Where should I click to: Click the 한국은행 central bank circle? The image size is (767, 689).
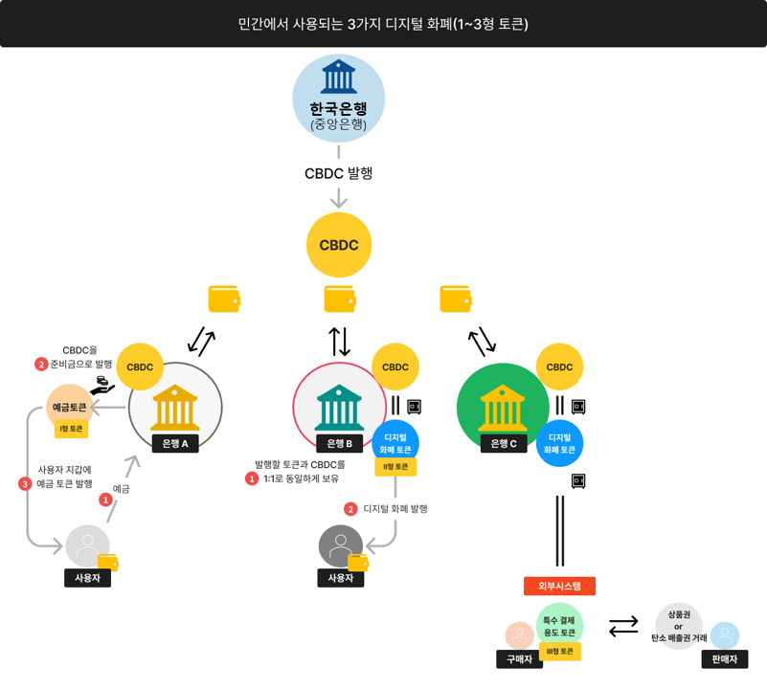tap(338, 99)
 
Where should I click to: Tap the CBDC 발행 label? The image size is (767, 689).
tap(338, 173)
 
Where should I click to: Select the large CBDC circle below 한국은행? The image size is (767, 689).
tap(338, 245)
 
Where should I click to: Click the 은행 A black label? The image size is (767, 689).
tap(175, 443)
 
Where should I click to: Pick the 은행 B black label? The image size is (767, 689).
tap(340, 443)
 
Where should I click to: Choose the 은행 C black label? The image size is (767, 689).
tap(504, 443)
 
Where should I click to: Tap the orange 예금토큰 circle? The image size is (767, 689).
tap(70, 407)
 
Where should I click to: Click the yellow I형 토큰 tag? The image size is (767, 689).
tap(71, 429)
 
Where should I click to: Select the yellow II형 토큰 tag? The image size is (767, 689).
tap(395, 467)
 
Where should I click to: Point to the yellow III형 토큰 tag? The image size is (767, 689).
tap(560, 652)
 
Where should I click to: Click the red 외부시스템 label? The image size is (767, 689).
tap(559, 586)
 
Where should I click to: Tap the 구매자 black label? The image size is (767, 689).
tap(519, 659)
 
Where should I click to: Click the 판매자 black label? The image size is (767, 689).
tap(724, 659)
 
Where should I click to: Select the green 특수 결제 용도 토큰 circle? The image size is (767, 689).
tap(559, 625)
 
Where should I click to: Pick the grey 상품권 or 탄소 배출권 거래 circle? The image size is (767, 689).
tap(679, 626)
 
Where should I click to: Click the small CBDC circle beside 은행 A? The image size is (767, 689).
tap(140, 367)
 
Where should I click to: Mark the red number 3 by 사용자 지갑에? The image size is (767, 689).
tap(25, 484)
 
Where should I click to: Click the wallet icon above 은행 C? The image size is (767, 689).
tap(455, 299)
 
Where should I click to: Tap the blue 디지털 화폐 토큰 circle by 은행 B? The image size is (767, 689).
tap(395, 442)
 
